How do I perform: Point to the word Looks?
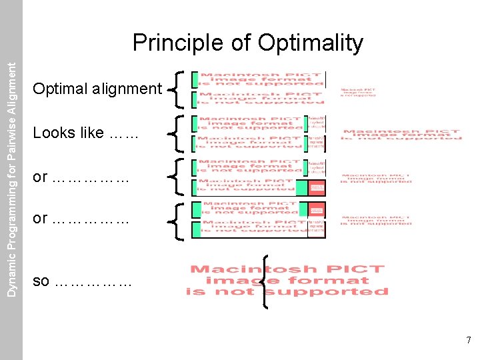[x=53, y=133]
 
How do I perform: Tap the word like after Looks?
[x=91, y=133]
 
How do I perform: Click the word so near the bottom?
[x=41, y=281]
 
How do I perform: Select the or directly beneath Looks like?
[x=40, y=177]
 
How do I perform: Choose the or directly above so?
[x=40, y=218]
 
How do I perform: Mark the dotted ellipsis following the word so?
[x=93, y=282]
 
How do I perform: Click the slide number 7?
[x=469, y=341]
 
